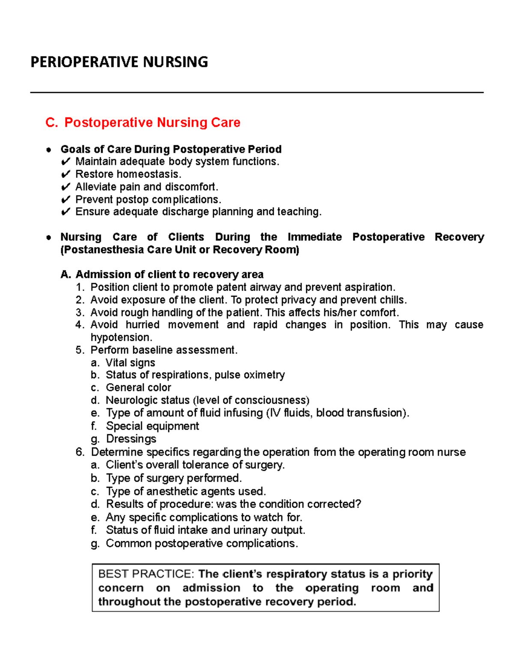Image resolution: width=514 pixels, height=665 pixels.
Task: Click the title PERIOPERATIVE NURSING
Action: [x=119, y=62]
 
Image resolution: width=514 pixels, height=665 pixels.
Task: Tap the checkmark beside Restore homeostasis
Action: [x=66, y=174]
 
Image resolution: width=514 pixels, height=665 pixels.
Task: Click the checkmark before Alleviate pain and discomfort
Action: [x=66, y=187]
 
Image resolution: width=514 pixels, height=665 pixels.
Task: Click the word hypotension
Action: [x=121, y=337]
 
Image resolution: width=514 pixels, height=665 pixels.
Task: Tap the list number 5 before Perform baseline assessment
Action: [x=79, y=350]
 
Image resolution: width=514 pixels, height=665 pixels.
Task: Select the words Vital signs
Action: [x=130, y=363]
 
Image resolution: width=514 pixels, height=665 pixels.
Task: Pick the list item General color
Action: [x=138, y=388]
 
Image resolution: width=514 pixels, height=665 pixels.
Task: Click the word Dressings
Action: [x=131, y=439]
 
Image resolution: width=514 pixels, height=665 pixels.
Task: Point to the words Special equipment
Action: [x=152, y=426]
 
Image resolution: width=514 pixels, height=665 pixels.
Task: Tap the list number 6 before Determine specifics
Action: [x=79, y=452]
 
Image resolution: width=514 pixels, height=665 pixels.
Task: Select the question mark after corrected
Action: [x=359, y=504]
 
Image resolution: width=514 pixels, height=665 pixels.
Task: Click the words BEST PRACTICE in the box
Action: [x=146, y=574]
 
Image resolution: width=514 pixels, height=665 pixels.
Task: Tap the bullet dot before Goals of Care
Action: [x=49, y=149]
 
